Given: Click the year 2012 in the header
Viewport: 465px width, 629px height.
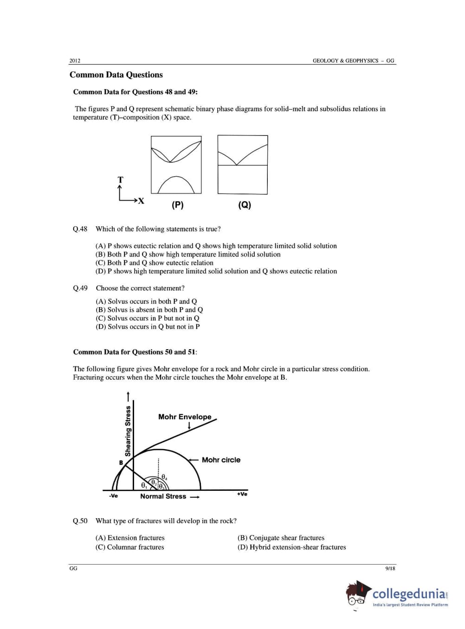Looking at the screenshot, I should point(75,61).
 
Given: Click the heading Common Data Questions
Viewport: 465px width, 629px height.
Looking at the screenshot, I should point(116,75).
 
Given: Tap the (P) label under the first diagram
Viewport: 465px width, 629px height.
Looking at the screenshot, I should point(178,205).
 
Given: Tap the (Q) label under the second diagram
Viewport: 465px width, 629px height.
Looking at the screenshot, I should point(245,205).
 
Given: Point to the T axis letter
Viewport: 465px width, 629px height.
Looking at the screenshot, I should point(121,180).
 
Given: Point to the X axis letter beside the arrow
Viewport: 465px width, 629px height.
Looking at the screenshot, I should point(141,201).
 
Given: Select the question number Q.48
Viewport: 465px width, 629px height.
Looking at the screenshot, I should point(80,229).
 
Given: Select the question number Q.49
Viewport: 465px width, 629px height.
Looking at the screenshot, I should point(80,288).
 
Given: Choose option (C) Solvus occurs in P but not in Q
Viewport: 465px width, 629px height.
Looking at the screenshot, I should point(148,318).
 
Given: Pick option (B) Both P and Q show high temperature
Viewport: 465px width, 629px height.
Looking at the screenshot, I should point(188,254).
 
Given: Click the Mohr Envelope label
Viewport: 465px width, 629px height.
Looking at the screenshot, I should point(185,417).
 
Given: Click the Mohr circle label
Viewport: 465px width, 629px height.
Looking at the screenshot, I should point(221,460).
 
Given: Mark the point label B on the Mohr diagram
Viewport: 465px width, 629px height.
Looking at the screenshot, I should point(121,462).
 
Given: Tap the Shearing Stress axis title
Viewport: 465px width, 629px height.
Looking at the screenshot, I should point(128,431).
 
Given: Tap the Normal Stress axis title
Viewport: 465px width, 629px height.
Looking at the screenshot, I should point(163,496).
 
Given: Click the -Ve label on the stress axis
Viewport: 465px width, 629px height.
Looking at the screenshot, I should point(113,496).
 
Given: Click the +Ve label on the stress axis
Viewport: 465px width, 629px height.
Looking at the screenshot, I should point(242,494).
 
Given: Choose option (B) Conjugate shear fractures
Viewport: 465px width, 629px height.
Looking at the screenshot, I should point(281,538).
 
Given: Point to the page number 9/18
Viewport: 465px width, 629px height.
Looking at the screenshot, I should point(390,569).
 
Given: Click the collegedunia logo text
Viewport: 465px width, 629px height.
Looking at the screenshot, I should point(408,594).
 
